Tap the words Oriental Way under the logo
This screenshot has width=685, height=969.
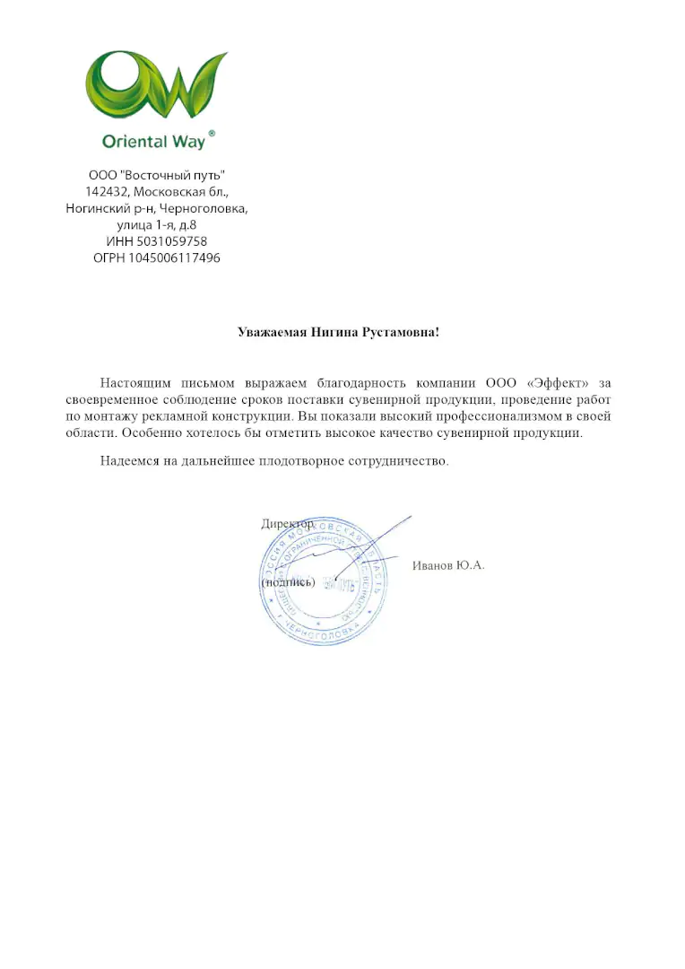pyautogui.click(x=153, y=141)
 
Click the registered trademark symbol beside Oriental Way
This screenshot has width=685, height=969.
pyautogui.click(x=212, y=132)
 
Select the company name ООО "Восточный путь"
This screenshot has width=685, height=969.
pyautogui.click(x=157, y=175)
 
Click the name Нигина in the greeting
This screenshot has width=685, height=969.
pyautogui.click(x=335, y=332)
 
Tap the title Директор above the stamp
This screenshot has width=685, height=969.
pyautogui.click(x=288, y=524)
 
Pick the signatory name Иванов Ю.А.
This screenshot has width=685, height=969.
pyautogui.click(x=448, y=565)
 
